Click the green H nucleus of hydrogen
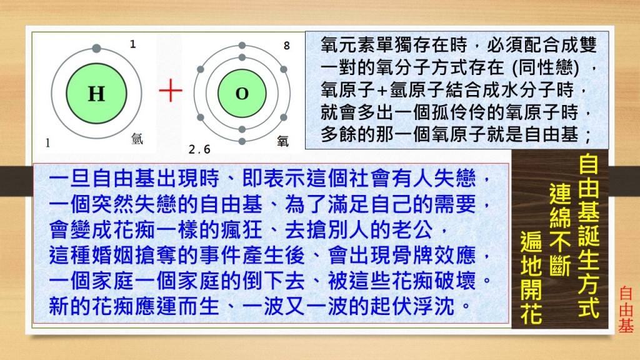click(x=96, y=94)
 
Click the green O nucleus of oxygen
click(x=242, y=94)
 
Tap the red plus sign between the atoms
click(x=171, y=90)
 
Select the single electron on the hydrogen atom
click(x=96, y=49)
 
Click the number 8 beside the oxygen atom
click(x=286, y=46)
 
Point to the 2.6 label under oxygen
click(x=199, y=149)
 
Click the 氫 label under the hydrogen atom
click(x=137, y=139)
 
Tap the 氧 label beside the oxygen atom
click(x=282, y=141)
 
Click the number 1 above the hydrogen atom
click(x=132, y=44)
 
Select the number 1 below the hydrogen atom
click(x=47, y=143)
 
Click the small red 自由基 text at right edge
click(x=626, y=309)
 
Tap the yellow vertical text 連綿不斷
click(x=559, y=230)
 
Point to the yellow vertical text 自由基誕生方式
click(x=589, y=236)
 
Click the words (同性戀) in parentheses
click(x=546, y=67)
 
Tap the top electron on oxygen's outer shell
click(x=242, y=45)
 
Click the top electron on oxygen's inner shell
click(x=242, y=57)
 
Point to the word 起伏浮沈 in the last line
click(x=412, y=306)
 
